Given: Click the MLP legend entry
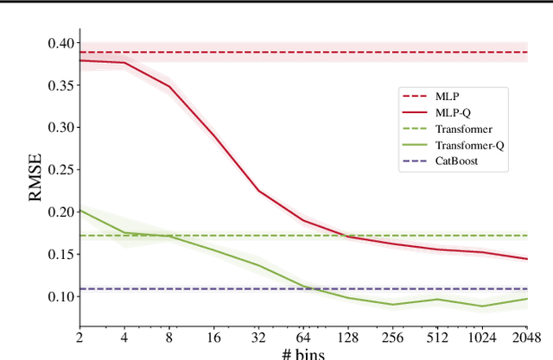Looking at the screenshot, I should pos(444,97).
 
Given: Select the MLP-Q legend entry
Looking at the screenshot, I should pos(449,113).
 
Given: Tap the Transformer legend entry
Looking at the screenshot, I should pos(464,129).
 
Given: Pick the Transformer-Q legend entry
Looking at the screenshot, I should pos(469,145).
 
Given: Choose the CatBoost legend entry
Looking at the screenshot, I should pos(456,161).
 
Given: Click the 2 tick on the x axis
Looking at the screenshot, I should pos(79,336).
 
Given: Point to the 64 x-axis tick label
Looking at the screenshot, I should pos(305,336).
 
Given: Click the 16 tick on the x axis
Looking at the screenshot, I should pos(213,336).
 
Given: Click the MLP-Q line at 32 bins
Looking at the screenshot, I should pos(258,191).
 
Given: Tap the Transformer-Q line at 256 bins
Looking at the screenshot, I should pos(393,304).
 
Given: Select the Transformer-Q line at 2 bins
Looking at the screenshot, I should pos(80,210).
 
